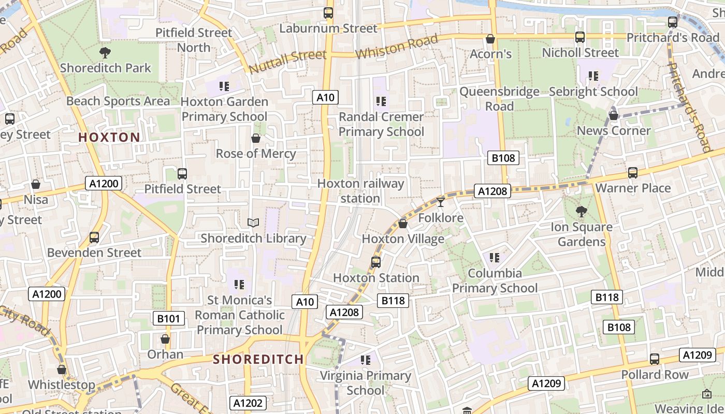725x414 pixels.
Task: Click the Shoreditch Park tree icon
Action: (105, 52)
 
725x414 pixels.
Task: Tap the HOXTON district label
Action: (109, 137)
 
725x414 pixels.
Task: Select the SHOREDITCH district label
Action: (258, 359)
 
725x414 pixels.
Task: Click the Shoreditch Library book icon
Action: (253, 223)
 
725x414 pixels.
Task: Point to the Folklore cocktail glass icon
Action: (441, 202)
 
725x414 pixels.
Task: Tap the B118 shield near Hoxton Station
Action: (394, 301)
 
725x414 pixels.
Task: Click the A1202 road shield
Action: (248, 403)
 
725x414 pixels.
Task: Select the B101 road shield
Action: (169, 318)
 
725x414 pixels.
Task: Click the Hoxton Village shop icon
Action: (403, 224)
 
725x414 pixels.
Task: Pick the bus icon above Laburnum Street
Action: (328, 13)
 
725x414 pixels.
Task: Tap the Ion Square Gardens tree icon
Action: (581, 211)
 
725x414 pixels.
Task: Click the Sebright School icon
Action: (593, 76)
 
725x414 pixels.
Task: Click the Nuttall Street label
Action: (287, 62)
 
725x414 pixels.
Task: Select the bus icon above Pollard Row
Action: (655, 359)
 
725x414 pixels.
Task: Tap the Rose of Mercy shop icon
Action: (256, 138)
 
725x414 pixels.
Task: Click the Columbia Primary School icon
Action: (495, 257)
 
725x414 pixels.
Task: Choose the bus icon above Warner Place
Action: (633, 173)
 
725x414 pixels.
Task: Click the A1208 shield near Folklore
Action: (492, 191)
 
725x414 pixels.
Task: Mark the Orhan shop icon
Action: (165, 339)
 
